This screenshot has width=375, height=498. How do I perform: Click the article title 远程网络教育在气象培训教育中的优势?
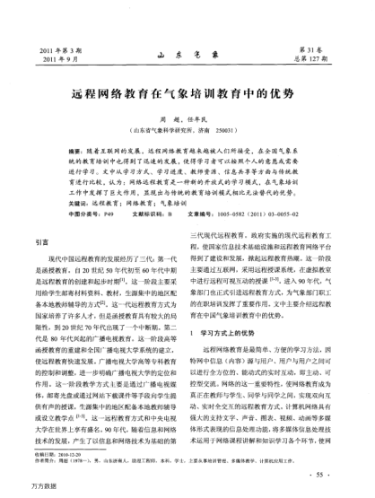click(x=187, y=92)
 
